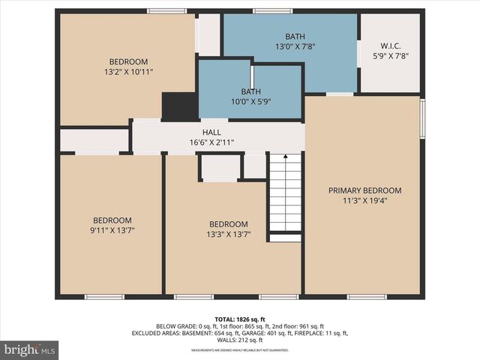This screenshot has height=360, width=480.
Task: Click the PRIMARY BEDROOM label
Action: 364,190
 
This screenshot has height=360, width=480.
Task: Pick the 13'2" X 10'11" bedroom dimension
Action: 128,72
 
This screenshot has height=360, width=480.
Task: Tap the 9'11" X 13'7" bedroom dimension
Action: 112,229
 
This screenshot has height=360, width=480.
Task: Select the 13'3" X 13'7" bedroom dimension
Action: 228,234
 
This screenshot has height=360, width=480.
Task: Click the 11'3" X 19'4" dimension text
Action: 364,200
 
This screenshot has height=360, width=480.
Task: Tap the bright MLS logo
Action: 30,349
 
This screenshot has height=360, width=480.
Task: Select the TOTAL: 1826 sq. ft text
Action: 240,319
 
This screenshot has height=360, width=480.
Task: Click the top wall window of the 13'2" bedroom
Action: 166,10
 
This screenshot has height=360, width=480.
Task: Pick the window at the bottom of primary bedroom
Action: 367,297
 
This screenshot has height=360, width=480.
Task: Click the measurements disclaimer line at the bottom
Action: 240,350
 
